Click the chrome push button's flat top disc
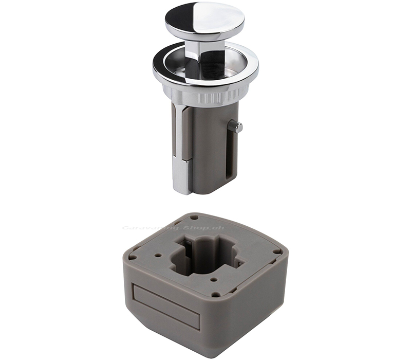204,21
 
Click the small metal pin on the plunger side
235,127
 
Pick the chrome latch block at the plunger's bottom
181,175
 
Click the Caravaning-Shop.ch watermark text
173,228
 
